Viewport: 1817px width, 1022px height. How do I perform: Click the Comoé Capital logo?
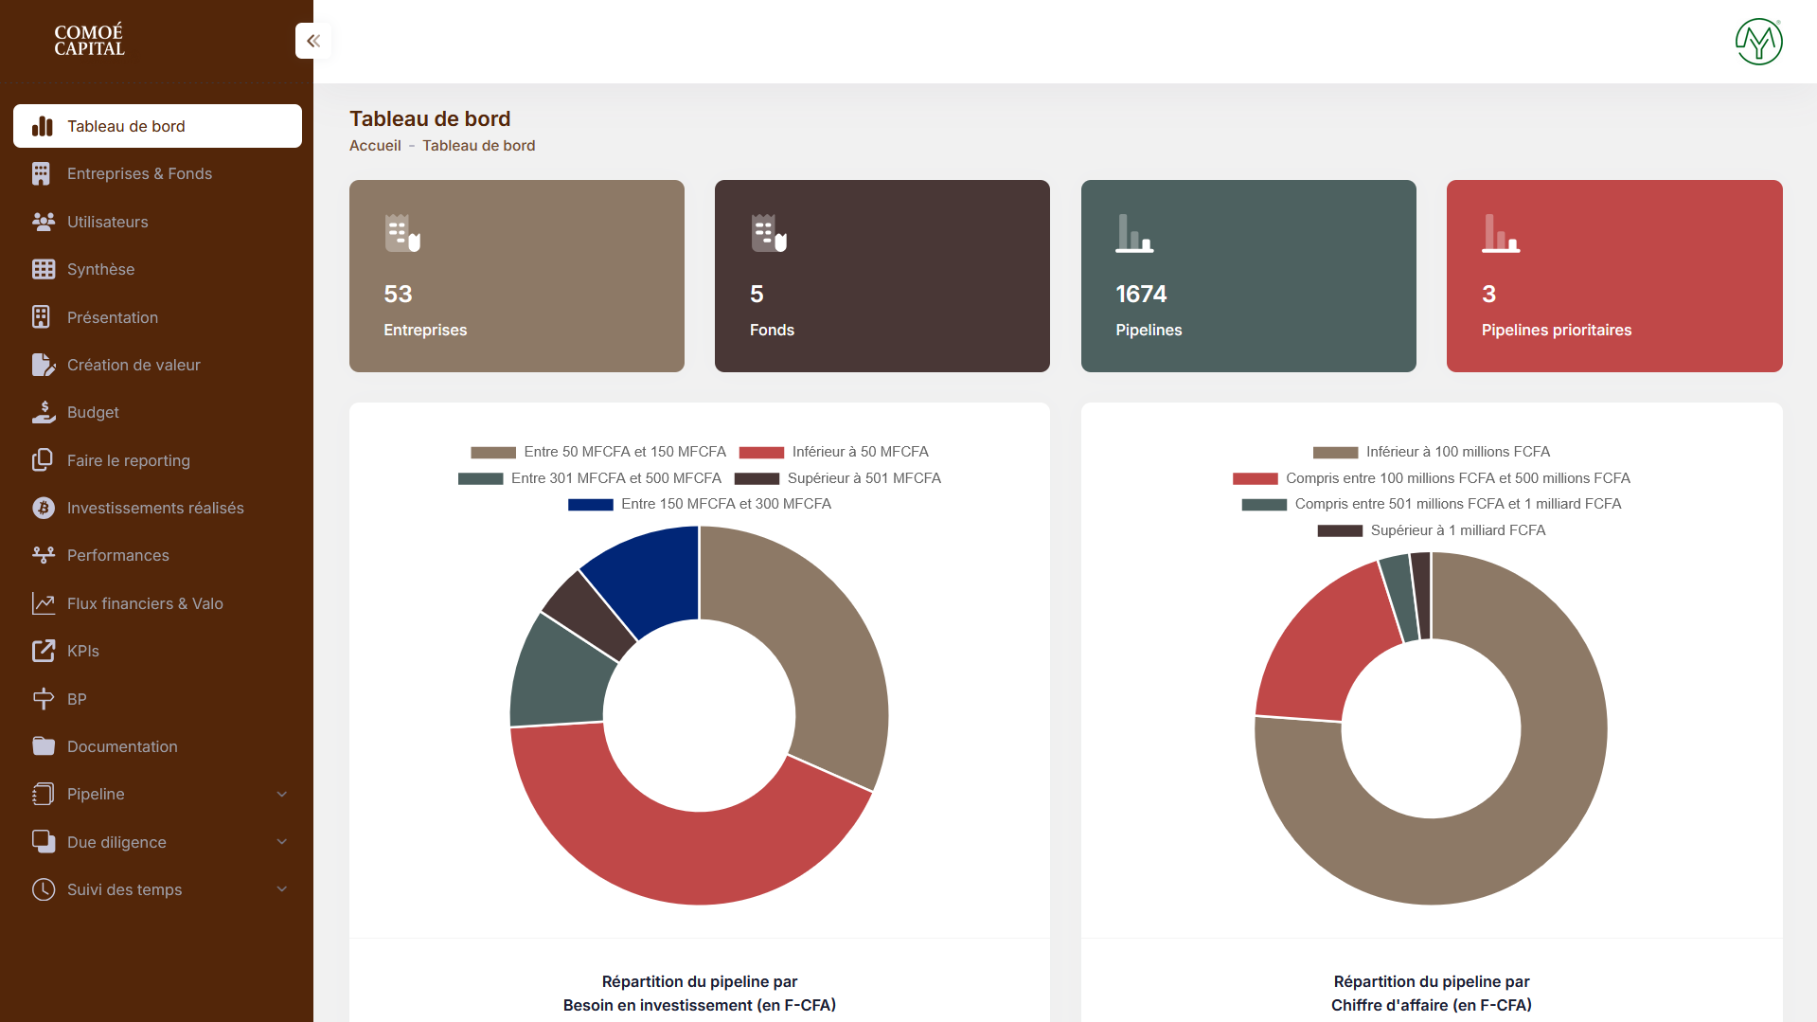[89, 41]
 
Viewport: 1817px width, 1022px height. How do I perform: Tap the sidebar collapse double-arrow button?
[313, 41]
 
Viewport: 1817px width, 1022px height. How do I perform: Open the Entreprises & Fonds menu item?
[139, 174]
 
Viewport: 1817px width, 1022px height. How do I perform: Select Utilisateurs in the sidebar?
[107, 222]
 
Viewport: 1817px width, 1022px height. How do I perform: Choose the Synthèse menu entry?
[100, 270]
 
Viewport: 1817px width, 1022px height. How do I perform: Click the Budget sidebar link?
[93, 413]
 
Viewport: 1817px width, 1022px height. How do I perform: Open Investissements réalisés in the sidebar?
[155, 509]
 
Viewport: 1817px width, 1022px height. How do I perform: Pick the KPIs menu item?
[82, 652]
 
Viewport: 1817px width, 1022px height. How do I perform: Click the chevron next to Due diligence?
[281, 842]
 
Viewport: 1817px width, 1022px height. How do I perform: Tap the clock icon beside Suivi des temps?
[44, 889]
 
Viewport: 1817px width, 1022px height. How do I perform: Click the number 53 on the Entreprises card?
[398, 295]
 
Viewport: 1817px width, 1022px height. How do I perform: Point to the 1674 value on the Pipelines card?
[1141, 295]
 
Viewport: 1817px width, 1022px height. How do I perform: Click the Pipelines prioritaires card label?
[1556, 331]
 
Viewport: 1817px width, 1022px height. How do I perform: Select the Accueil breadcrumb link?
[375, 146]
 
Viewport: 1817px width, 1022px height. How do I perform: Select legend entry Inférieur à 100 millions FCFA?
[1457, 452]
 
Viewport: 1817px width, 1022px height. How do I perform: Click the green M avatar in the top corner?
[1758, 42]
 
